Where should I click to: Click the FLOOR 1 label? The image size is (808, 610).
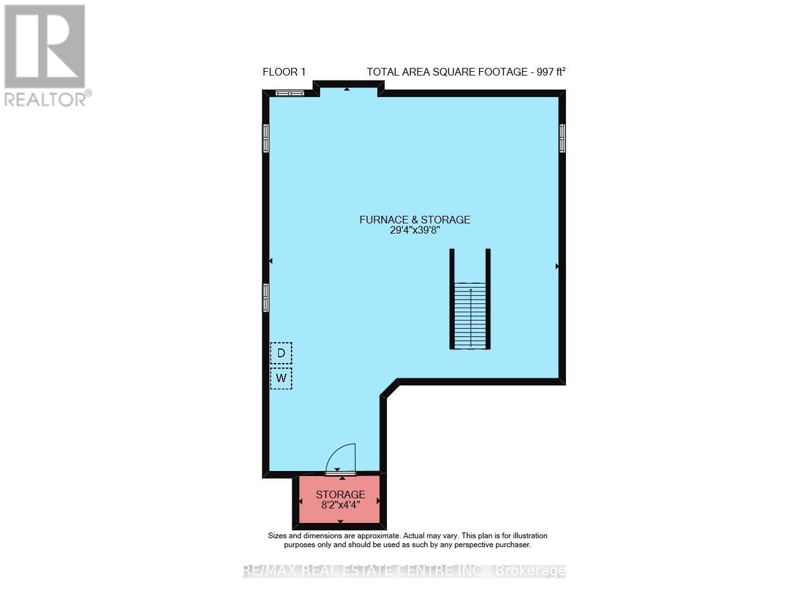point(284,72)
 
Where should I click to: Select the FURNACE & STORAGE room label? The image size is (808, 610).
point(415,220)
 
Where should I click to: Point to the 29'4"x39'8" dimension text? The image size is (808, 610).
point(415,231)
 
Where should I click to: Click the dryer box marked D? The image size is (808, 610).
point(281,353)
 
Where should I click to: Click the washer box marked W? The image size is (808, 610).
point(281,379)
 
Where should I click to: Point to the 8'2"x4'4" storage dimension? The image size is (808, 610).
point(340,506)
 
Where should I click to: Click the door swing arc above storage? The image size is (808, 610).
point(343,456)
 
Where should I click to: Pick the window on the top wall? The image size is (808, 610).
point(290,94)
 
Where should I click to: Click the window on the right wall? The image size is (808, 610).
point(562,138)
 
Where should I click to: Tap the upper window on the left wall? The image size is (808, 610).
point(266,138)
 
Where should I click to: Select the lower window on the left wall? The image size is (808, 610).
point(266,297)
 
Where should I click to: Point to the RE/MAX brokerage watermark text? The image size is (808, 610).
point(404,571)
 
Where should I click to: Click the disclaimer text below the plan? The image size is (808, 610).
point(407,540)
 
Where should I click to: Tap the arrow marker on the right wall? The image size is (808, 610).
point(557,267)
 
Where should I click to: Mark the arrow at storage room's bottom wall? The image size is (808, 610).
point(340,522)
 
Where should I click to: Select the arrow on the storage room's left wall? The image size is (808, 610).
point(301,501)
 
